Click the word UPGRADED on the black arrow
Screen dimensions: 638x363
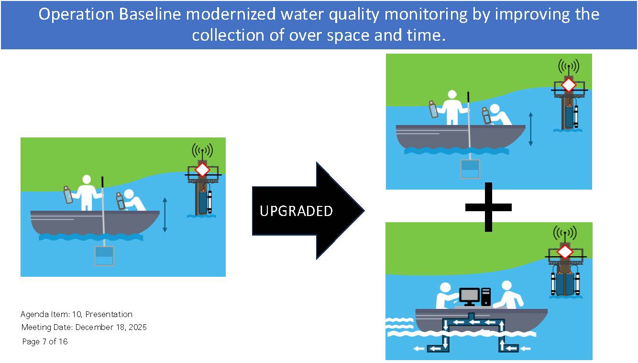(296, 211)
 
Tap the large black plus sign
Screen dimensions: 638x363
(488, 207)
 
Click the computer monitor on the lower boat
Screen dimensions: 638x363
(469, 297)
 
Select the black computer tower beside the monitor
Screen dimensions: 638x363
(486, 296)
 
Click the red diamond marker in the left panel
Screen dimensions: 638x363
(202, 170)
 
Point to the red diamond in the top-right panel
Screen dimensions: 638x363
(569, 85)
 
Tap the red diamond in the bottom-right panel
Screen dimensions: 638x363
(565, 252)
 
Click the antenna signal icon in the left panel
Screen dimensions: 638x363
(202, 150)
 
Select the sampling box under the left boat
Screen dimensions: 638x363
(104, 256)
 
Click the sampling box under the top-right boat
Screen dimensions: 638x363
(470, 169)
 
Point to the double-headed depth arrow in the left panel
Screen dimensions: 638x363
(165, 215)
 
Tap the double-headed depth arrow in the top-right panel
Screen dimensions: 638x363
(530, 129)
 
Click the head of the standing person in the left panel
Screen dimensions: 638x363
(87, 180)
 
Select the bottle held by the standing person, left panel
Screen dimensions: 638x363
(68, 195)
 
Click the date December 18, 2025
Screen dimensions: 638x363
(111, 327)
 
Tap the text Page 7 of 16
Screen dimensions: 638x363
(45, 341)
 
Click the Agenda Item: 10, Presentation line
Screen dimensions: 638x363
(77, 314)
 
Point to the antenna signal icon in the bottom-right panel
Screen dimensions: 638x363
(565, 233)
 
